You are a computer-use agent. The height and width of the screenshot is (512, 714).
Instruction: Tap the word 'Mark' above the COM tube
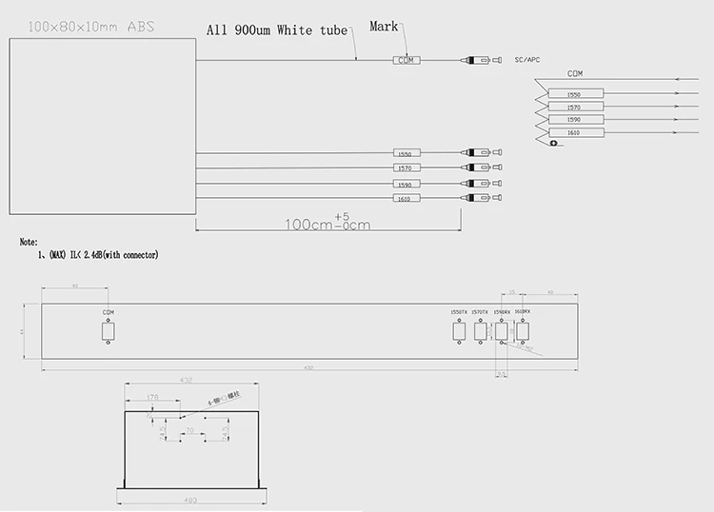385,27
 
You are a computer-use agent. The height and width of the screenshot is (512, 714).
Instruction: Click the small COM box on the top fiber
407,60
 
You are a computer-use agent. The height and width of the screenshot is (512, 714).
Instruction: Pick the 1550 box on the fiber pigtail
407,153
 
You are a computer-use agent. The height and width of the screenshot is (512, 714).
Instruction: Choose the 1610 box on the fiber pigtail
407,198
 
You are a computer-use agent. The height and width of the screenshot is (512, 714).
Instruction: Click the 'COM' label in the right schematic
575,73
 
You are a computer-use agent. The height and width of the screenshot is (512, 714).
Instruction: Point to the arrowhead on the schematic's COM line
674,80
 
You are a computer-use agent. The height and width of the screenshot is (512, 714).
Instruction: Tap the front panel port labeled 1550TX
459,331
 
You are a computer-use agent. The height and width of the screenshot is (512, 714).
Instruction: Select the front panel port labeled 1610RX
523,331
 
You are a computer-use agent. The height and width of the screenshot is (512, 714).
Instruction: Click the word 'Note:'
28,242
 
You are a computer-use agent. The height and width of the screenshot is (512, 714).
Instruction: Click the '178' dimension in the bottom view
152,399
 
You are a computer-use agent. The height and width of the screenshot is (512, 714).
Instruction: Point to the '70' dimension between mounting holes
190,431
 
